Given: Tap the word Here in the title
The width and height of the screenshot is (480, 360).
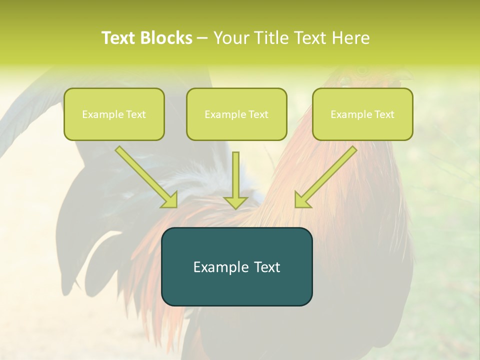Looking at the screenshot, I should click(349, 38).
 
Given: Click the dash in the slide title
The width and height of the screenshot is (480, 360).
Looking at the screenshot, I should click(202, 38).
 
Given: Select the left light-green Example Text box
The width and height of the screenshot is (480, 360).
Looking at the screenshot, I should click(114, 114).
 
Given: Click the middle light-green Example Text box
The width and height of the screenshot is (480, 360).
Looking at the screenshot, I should click(236, 114).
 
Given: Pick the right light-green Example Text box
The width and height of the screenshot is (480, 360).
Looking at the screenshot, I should click(362, 114).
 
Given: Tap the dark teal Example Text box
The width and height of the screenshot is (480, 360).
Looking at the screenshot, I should click(236, 266).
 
